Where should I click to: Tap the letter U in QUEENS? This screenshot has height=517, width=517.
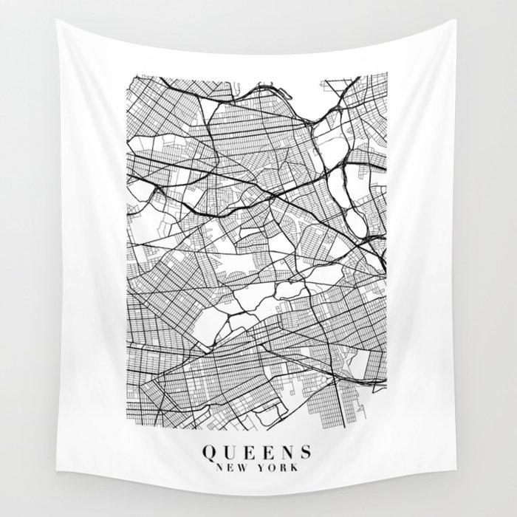tap(228, 451)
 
